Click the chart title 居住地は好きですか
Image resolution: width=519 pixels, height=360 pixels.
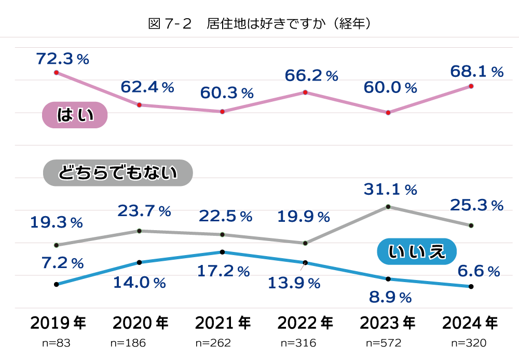click(x=259, y=23)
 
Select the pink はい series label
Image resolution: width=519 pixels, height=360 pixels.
click(x=74, y=115)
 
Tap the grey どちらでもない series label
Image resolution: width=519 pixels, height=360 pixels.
click(x=118, y=172)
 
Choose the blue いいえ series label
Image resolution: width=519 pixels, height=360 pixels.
click(x=416, y=251)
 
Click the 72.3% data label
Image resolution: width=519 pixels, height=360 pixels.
click(x=63, y=59)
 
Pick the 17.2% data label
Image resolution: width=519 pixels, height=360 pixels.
click(x=224, y=271)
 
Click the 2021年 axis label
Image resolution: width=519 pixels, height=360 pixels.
click(x=223, y=323)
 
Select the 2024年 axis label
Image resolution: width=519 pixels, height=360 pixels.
click(x=470, y=323)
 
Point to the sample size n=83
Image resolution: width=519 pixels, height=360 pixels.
click(x=56, y=343)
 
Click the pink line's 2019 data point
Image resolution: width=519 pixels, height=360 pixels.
click(x=56, y=72)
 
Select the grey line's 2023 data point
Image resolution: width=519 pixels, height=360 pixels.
click(x=388, y=207)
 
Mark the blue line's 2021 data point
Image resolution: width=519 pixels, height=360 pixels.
click(x=222, y=252)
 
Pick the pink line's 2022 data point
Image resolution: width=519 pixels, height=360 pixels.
click(x=305, y=92)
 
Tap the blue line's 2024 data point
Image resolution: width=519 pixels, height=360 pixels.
click(x=471, y=286)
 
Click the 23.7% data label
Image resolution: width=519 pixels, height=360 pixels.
click(x=144, y=211)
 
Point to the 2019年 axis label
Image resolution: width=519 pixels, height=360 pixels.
click(x=58, y=323)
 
